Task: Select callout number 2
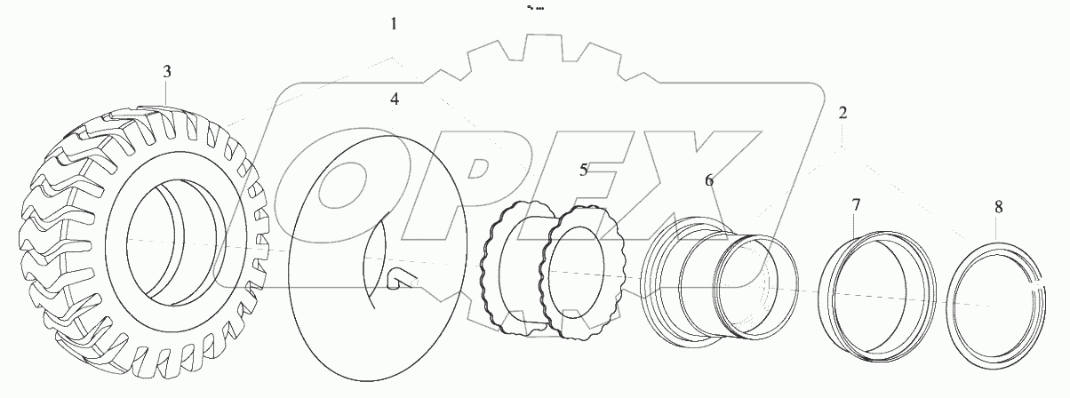(842, 113)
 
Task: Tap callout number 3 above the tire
(167, 72)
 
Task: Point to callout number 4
(395, 99)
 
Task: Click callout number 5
(584, 169)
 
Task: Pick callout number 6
(709, 180)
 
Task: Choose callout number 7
(856, 205)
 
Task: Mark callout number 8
(998, 207)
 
